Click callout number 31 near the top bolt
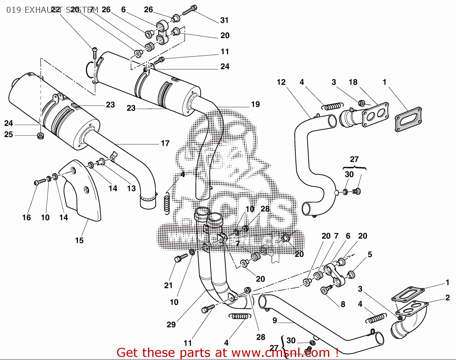pos(224,20)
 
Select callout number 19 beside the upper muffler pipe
pos(255,104)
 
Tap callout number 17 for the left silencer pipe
pos(165,143)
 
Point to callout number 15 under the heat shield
pos(79,240)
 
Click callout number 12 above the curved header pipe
pos(281,82)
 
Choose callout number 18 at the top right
pos(353,82)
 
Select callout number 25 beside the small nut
pos(9,135)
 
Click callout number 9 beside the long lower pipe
pos(275,320)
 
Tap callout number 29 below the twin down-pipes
pos(171,325)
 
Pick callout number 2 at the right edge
pos(447,298)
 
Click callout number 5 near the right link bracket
pos(370,254)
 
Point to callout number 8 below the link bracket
pos(343,304)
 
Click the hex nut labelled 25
pos(40,136)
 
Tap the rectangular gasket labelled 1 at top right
pos(408,119)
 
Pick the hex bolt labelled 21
pos(181,258)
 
